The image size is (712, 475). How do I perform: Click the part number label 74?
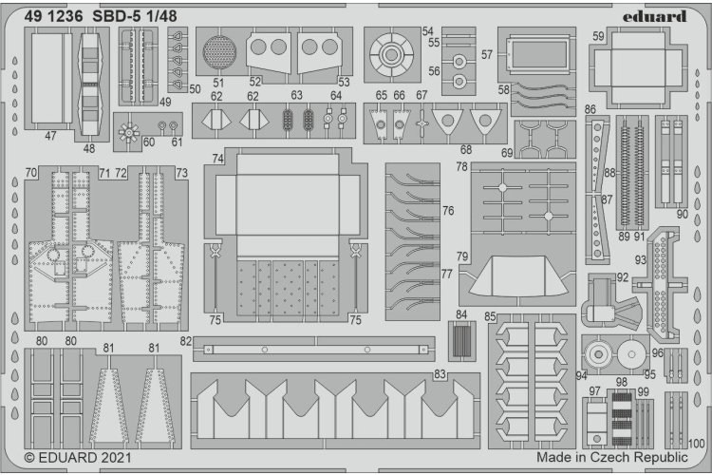(218, 158)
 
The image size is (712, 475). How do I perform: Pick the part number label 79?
(462, 256)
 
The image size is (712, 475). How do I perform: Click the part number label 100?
(698, 443)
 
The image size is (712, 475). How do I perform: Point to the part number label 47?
(50, 136)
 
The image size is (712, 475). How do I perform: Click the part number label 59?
(598, 37)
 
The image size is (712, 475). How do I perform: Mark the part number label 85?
(490, 315)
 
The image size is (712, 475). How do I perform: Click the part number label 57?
(487, 55)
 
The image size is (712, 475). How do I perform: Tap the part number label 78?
(462, 167)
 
